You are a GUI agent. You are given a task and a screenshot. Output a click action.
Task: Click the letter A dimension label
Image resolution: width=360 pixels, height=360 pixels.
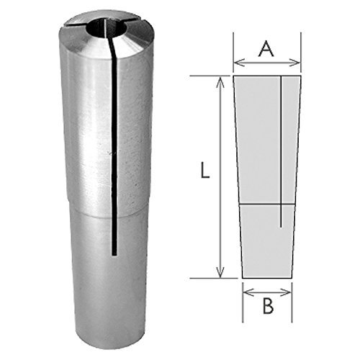266,49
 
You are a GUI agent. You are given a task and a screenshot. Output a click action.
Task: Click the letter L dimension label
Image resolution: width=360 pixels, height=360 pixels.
205,170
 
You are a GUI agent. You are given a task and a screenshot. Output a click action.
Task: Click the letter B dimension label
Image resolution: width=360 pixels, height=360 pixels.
268,305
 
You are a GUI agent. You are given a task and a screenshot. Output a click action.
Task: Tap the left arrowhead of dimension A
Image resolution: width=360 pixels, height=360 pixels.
238,63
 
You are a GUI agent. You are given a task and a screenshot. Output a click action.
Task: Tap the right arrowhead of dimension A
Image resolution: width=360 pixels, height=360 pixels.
295,63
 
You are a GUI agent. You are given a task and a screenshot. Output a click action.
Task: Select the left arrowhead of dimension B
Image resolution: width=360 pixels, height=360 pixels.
248,292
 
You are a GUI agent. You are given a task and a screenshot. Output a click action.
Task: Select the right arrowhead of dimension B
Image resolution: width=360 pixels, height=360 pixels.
287,292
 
